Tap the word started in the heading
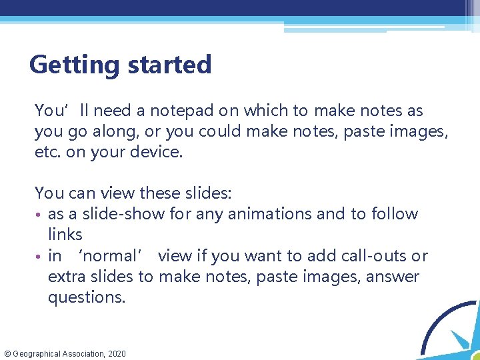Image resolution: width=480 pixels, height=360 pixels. point(168,65)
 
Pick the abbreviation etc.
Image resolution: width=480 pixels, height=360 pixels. point(46,153)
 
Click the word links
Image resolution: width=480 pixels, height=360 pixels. point(65,234)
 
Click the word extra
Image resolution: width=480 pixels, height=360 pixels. point(65,277)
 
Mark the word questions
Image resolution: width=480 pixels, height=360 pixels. point(86,297)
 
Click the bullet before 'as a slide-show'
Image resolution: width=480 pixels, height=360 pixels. point(39,215)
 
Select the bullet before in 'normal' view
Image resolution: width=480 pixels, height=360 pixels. point(39,257)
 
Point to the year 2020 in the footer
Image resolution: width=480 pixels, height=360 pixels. point(115,353)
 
